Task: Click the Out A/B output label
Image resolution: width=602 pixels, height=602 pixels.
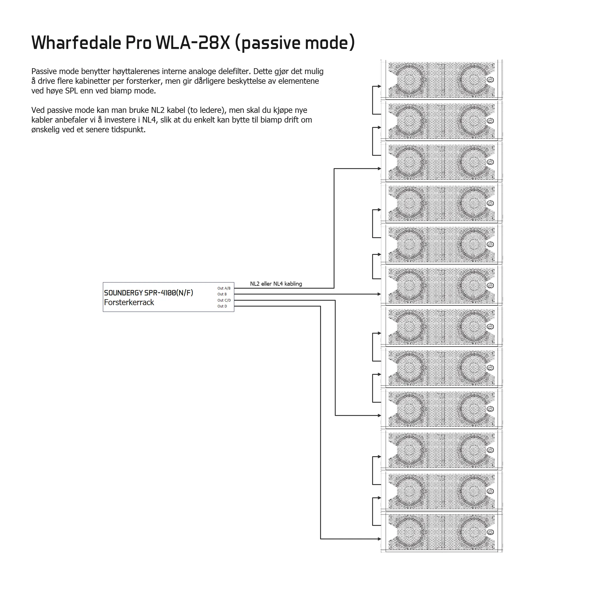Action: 224,288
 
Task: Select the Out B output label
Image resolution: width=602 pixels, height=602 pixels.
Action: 222,294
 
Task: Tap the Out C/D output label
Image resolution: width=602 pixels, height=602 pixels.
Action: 224,300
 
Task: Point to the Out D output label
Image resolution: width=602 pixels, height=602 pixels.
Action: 222,306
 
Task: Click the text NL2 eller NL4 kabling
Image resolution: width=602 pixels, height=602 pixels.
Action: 276,284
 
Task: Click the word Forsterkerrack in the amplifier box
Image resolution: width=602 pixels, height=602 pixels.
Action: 129,302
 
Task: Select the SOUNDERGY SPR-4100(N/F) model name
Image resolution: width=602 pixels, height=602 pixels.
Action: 149,293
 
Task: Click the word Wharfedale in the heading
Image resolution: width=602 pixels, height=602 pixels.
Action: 76,42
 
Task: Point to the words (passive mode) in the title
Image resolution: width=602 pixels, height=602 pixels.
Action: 295,43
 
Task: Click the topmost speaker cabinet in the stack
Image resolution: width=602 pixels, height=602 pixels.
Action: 442,79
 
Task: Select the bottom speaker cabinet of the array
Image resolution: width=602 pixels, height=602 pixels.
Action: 442,532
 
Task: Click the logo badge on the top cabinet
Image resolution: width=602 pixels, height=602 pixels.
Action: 491,80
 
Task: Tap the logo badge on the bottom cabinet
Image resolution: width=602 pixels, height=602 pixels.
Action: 491,532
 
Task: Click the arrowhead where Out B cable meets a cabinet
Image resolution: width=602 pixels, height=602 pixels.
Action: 379,294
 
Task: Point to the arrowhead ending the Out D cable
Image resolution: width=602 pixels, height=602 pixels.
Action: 379,539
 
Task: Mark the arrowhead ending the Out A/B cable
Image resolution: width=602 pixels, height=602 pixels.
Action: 379,168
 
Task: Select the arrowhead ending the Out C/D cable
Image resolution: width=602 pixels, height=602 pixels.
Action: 379,415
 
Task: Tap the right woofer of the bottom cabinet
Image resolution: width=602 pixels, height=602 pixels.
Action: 474,532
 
